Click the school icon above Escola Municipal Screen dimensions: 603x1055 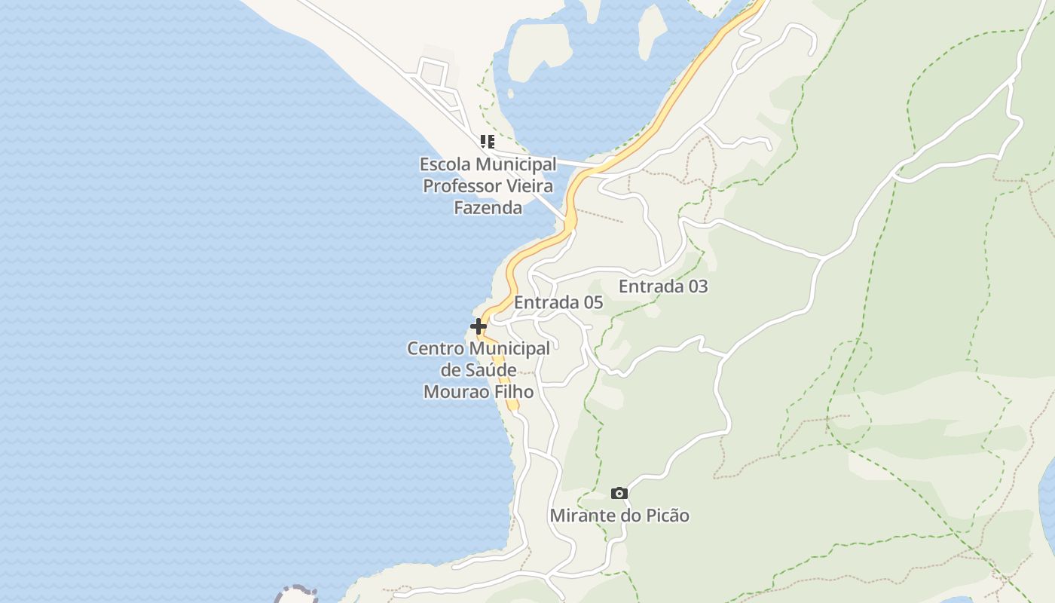pos(488,141)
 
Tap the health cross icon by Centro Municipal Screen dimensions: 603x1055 pos(478,326)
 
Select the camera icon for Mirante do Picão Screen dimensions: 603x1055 pos(619,494)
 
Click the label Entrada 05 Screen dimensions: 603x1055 pos(558,302)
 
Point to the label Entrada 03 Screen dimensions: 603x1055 pos(663,286)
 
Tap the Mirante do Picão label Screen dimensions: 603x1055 pos(619,516)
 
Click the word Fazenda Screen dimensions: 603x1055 pos(488,207)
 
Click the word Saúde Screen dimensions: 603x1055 pos(489,370)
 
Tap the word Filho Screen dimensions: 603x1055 pos(514,392)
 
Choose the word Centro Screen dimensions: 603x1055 pos(435,348)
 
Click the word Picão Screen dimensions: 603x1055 pos(665,516)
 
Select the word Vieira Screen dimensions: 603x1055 pos(527,185)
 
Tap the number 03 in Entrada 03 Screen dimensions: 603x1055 pos(697,286)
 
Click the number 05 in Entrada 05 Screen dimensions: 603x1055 pos(592,302)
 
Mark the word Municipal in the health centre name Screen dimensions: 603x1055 pos(509,348)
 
